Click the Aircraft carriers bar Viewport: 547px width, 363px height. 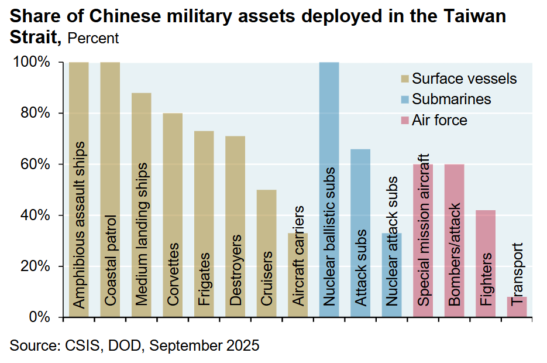298,275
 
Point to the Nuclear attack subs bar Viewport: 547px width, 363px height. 392,275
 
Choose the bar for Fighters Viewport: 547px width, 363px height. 486,263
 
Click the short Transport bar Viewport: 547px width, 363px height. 517,307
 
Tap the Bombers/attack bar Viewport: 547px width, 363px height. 455,241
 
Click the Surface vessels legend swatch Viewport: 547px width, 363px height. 404,78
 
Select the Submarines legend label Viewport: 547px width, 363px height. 451,99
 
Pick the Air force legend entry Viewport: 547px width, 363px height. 439,120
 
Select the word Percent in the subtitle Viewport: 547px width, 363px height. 93,39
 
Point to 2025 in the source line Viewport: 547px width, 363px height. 243,345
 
